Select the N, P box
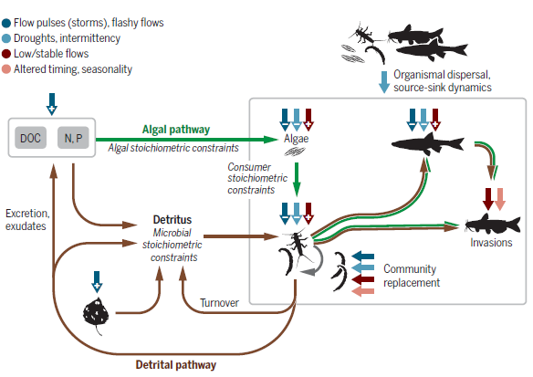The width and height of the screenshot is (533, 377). click(73, 137)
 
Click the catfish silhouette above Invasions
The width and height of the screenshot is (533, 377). click(493, 223)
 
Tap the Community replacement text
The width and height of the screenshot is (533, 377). click(411, 276)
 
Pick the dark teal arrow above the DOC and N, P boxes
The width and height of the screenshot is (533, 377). click(52, 101)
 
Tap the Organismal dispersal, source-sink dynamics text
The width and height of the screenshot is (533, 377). click(445, 81)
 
